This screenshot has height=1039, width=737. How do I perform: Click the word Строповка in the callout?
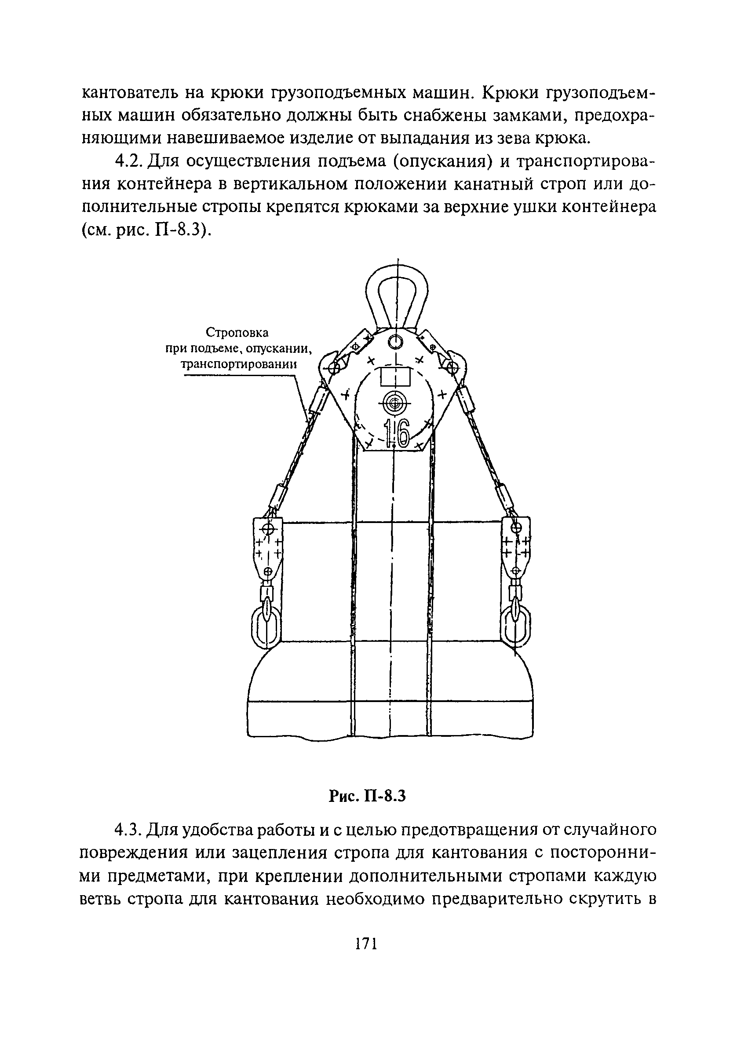tap(237, 333)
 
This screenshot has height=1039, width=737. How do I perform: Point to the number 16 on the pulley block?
tap(396, 434)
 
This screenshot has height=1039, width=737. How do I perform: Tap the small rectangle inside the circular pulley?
tap(395, 376)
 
